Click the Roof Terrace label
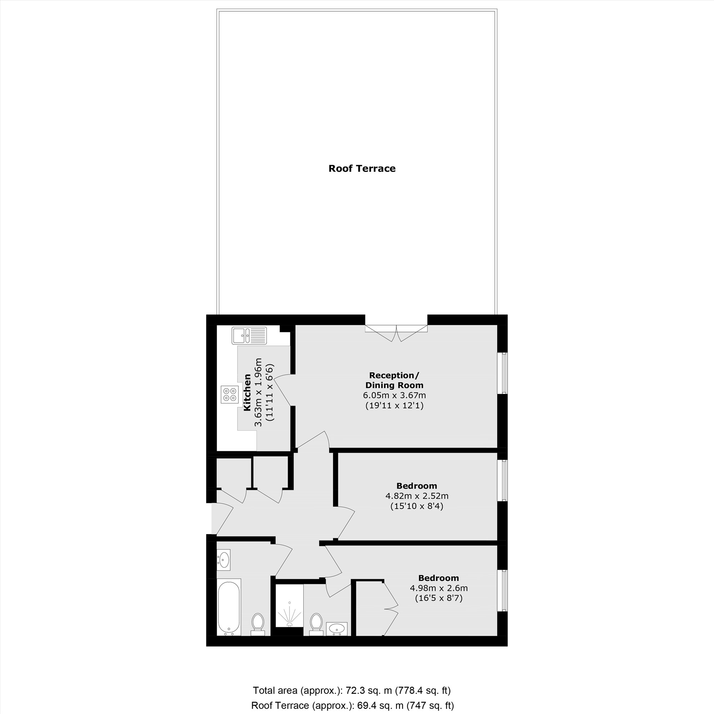click(x=362, y=169)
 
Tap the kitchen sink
click(x=249, y=336)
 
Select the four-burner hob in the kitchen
click(x=230, y=394)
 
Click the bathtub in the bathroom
click(x=229, y=607)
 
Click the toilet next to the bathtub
click(x=258, y=623)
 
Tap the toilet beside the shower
click(x=316, y=623)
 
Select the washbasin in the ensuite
click(x=337, y=629)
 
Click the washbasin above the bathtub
click(x=224, y=558)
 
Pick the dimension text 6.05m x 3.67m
click(x=394, y=396)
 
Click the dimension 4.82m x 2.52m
click(x=417, y=496)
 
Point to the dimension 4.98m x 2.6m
click(x=439, y=588)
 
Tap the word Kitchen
click(x=247, y=392)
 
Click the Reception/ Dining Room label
click(x=394, y=380)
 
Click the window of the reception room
click(x=503, y=373)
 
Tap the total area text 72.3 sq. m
click(x=351, y=690)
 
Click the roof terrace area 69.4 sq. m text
click(x=352, y=705)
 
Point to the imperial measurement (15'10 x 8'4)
click(x=417, y=506)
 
